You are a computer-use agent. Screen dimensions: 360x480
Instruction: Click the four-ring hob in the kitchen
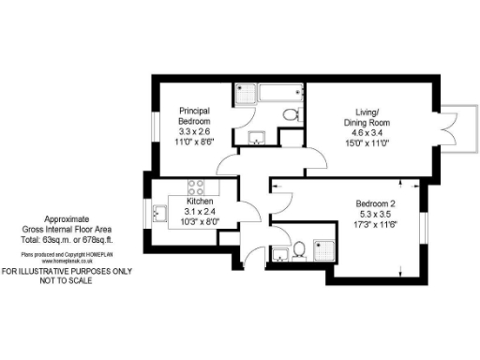click(198, 186)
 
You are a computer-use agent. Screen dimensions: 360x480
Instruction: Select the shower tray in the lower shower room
click(324, 242)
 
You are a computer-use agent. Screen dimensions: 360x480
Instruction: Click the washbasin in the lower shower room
click(278, 253)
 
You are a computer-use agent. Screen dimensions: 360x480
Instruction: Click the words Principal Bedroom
click(194, 116)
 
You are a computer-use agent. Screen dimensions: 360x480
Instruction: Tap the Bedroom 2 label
click(375, 204)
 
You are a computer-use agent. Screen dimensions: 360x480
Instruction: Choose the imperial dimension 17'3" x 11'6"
click(375, 225)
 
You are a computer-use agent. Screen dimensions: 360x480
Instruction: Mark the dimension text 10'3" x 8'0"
click(201, 222)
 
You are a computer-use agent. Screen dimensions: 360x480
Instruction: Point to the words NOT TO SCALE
click(66, 280)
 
